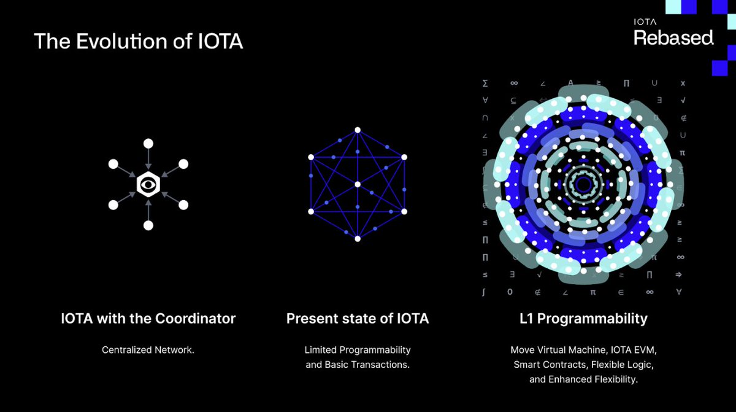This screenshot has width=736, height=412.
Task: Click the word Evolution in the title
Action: pos(123,41)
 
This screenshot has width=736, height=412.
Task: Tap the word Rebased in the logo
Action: pos(673,38)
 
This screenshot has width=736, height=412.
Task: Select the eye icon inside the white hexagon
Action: pos(148,184)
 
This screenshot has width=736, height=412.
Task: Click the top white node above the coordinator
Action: pos(148,143)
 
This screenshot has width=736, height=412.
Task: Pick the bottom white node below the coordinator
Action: pos(148,225)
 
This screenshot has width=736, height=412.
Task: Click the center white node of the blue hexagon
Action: pos(358,184)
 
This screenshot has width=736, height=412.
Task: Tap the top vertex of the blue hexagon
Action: pos(358,130)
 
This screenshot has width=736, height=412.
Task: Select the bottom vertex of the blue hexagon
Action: pos(358,239)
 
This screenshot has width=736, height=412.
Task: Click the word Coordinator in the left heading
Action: pos(196,318)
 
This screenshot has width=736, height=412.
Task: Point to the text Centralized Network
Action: pos(148,350)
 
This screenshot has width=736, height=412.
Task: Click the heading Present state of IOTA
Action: pos(358,318)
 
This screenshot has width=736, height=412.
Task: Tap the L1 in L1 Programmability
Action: pos(526,318)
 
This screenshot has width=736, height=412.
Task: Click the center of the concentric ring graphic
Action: pos(583,184)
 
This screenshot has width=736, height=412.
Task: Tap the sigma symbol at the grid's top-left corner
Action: pos(485,83)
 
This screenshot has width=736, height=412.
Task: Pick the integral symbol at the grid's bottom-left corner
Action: pos(484,292)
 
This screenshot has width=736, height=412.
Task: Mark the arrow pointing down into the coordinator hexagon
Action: pos(148,159)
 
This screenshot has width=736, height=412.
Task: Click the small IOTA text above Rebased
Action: pos(645,22)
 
